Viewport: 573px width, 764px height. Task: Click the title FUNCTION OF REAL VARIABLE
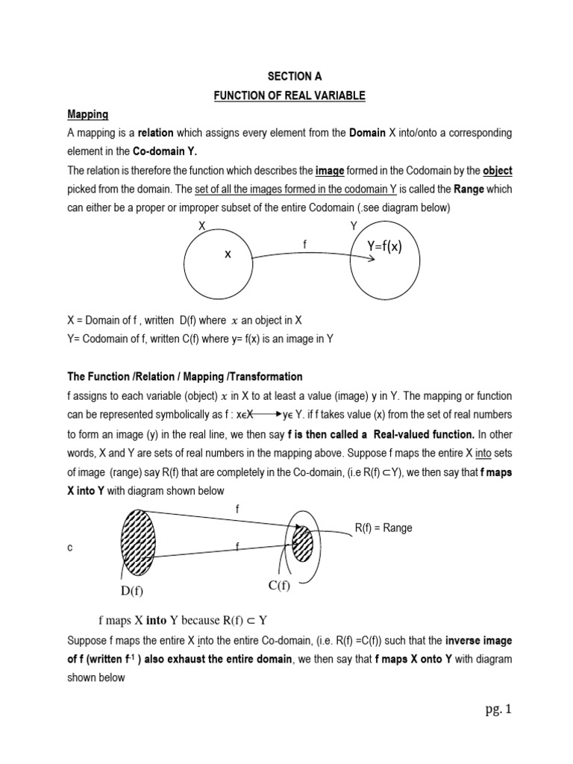click(289, 95)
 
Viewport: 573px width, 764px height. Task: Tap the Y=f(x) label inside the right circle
click(383, 247)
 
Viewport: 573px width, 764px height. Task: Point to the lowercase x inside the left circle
click(228, 254)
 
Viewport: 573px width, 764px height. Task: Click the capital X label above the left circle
click(202, 226)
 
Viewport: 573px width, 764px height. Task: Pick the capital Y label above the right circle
click(354, 226)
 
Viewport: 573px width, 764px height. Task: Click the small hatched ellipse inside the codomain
click(302, 545)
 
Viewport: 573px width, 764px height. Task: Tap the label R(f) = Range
click(383, 528)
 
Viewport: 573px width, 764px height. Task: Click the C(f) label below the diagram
click(280, 586)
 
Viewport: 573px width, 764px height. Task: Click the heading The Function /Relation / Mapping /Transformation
click(185, 377)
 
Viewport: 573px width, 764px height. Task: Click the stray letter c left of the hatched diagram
click(69, 548)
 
